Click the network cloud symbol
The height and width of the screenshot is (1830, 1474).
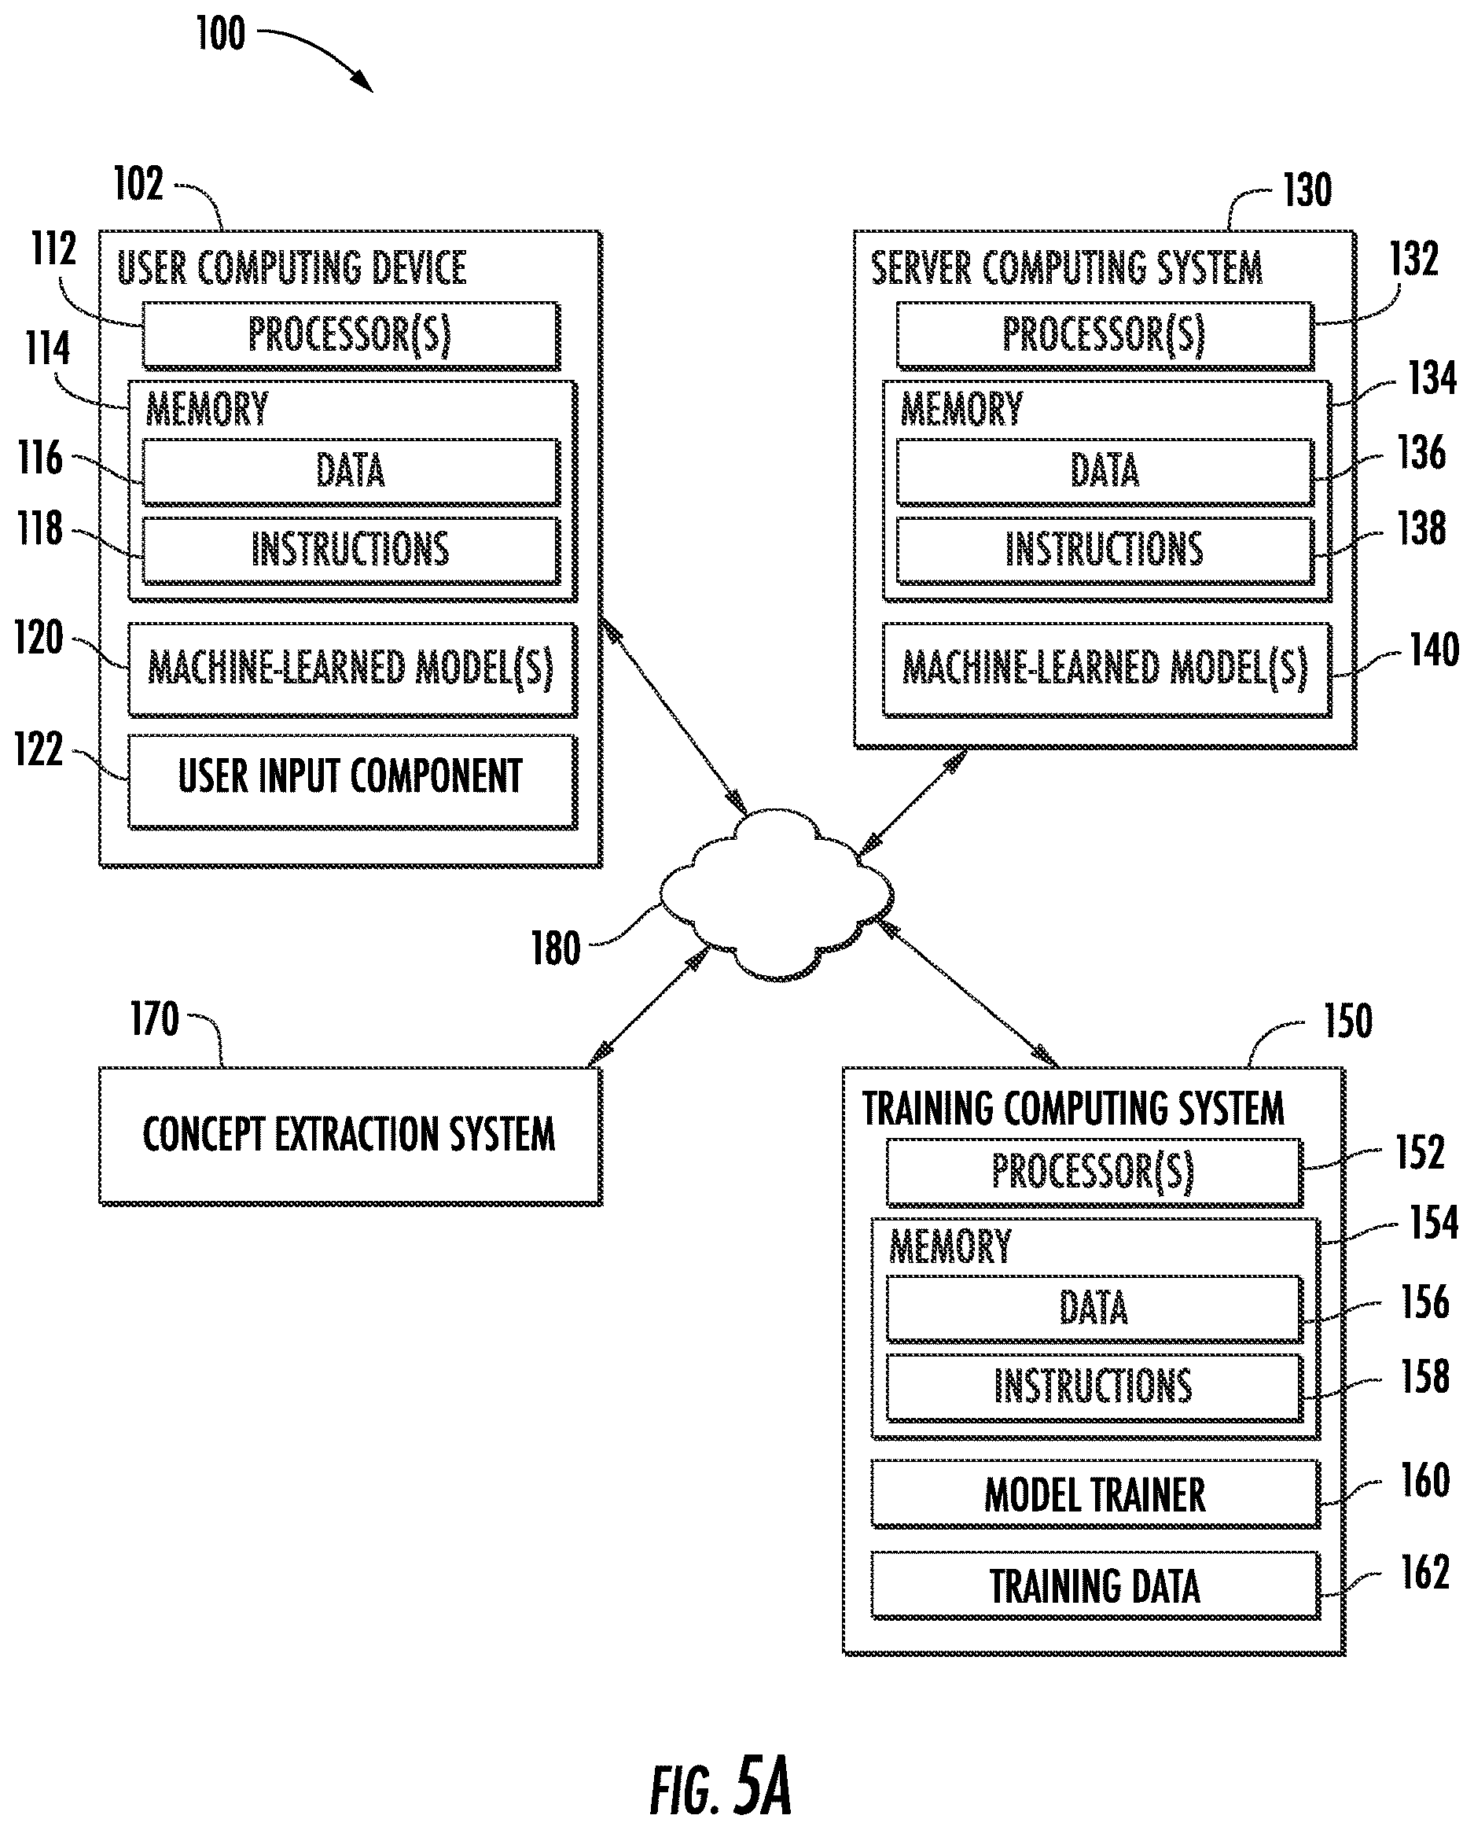pyautogui.click(x=776, y=895)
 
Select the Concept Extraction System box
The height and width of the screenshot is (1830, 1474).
pyautogui.click(x=351, y=1136)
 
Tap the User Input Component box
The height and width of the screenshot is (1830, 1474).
pyautogui.click(x=352, y=781)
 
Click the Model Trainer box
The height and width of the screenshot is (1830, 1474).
pyautogui.click(x=1095, y=1493)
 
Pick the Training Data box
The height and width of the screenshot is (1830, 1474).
pyautogui.click(x=1095, y=1585)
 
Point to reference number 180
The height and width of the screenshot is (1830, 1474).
pyautogui.click(x=556, y=948)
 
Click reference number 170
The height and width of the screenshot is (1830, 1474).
pyautogui.click(x=155, y=1019)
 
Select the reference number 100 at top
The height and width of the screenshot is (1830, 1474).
pyautogui.click(x=221, y=33)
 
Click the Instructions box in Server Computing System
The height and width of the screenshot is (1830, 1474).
pyautogui.click(x=1105, y=550)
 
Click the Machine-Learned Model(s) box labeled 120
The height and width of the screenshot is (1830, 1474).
pyautogui.click(x=352, y=669)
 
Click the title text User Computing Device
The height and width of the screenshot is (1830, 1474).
pyautogui.click(x=291, y=268)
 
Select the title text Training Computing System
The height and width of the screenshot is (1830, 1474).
pyautogui.click(x=1073, y=1109)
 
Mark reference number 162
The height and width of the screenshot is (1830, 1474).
pyautogui.click(x=1424, y=1572)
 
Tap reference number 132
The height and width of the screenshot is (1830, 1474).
pyautogui.click(x=1413, y=258)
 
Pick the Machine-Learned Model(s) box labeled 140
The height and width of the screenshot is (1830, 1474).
pyautogui.click(x=1106, y=669)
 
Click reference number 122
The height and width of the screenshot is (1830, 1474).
pyautogui.click(x=39, y=749)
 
